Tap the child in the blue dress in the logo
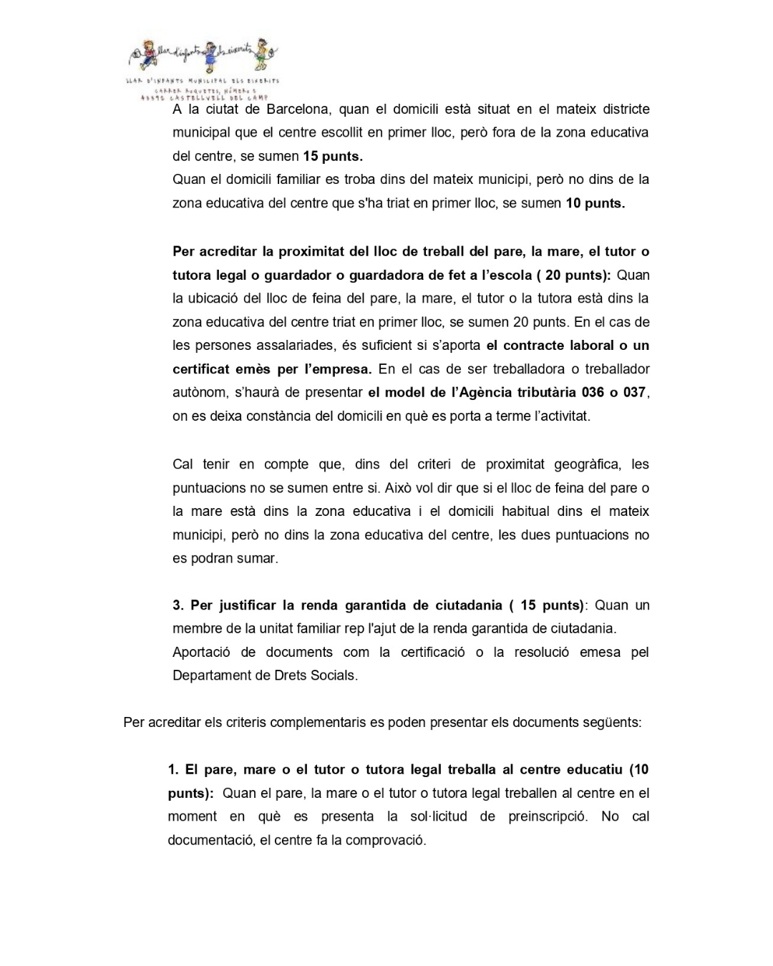point(209,58)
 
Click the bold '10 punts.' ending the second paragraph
point(595,203)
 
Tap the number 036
point(590,392)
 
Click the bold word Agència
point(489,392)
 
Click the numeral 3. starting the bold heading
point(178,605)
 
